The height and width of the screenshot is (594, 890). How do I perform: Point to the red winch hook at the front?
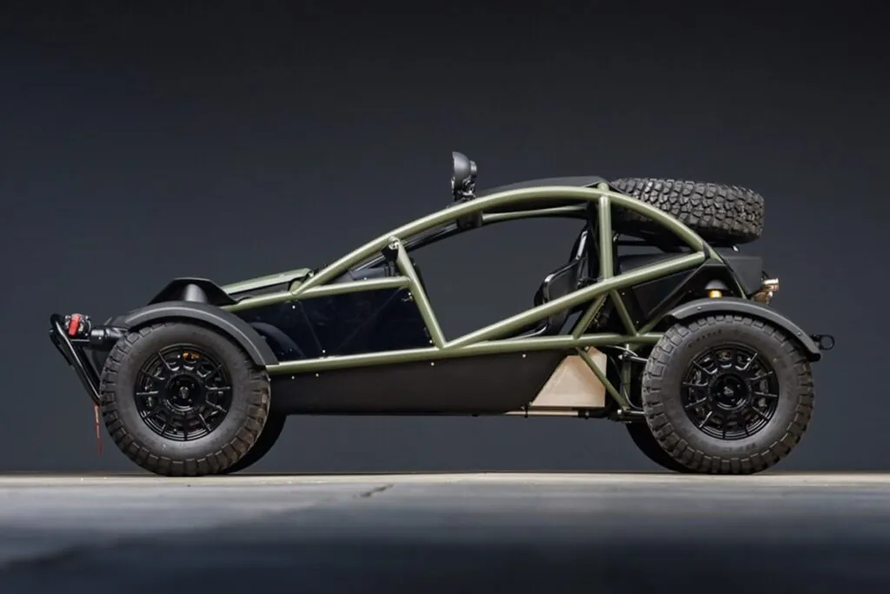[x=75, y=324]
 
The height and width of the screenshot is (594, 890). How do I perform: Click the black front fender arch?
[x=200, y=316]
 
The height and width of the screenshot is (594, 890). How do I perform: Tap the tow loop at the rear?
[x=824, y=341]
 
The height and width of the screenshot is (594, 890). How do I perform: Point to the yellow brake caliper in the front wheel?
[x=190, y=357]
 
